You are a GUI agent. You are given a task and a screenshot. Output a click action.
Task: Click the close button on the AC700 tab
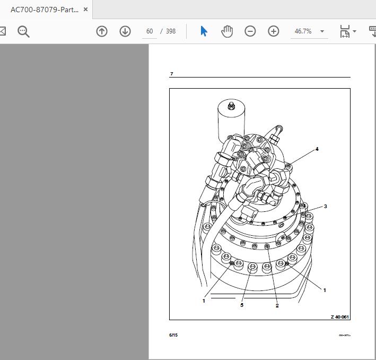[86, 10]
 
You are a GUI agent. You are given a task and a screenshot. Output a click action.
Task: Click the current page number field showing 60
[150, 31]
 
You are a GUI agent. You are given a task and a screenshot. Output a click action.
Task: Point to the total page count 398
[170, 31]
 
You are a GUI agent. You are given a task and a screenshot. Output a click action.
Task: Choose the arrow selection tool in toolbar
[204, 31]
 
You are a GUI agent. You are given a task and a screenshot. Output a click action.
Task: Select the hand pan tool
[227, 31]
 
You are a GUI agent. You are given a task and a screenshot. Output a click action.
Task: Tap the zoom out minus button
[250, 31]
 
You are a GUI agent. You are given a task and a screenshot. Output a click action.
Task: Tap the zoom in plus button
[274, 31]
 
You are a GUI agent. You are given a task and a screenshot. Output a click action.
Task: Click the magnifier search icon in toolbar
[23, 31]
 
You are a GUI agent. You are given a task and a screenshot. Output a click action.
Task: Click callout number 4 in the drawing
[317, 149]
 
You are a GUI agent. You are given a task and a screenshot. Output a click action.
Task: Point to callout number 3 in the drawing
[325, 207]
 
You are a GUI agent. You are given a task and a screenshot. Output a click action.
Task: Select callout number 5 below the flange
[241, 305]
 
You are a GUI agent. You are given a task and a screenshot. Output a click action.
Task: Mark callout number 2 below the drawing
[277, 305]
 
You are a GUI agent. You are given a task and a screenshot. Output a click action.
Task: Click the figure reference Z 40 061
[340, 317]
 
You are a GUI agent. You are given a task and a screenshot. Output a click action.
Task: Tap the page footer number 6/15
[173, 335]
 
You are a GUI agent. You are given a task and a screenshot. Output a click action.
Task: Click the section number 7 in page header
[171, 74]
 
